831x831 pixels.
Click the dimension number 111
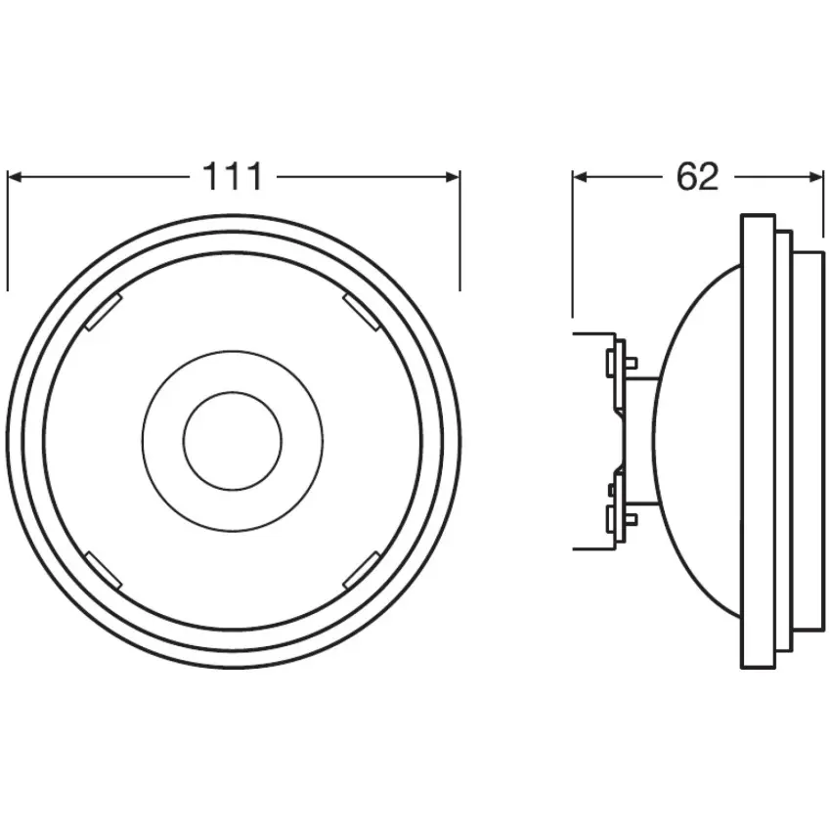click(x=233, y=177)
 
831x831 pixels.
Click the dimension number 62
click(x=697, y=177)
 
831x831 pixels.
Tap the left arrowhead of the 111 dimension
click(x=15, y=177)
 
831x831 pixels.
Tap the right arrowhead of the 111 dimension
click(x=453, y=177)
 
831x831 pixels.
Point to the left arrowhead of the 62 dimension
click(x=580, y=177)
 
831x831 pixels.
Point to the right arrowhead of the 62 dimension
click(x=816, y=177)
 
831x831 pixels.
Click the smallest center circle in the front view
click(x=233, y=441)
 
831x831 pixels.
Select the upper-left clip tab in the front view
click(x=104, y=312)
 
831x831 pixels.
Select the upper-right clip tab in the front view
click(x=362, y=312)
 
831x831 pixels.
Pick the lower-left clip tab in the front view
click(x=104, y=570)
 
